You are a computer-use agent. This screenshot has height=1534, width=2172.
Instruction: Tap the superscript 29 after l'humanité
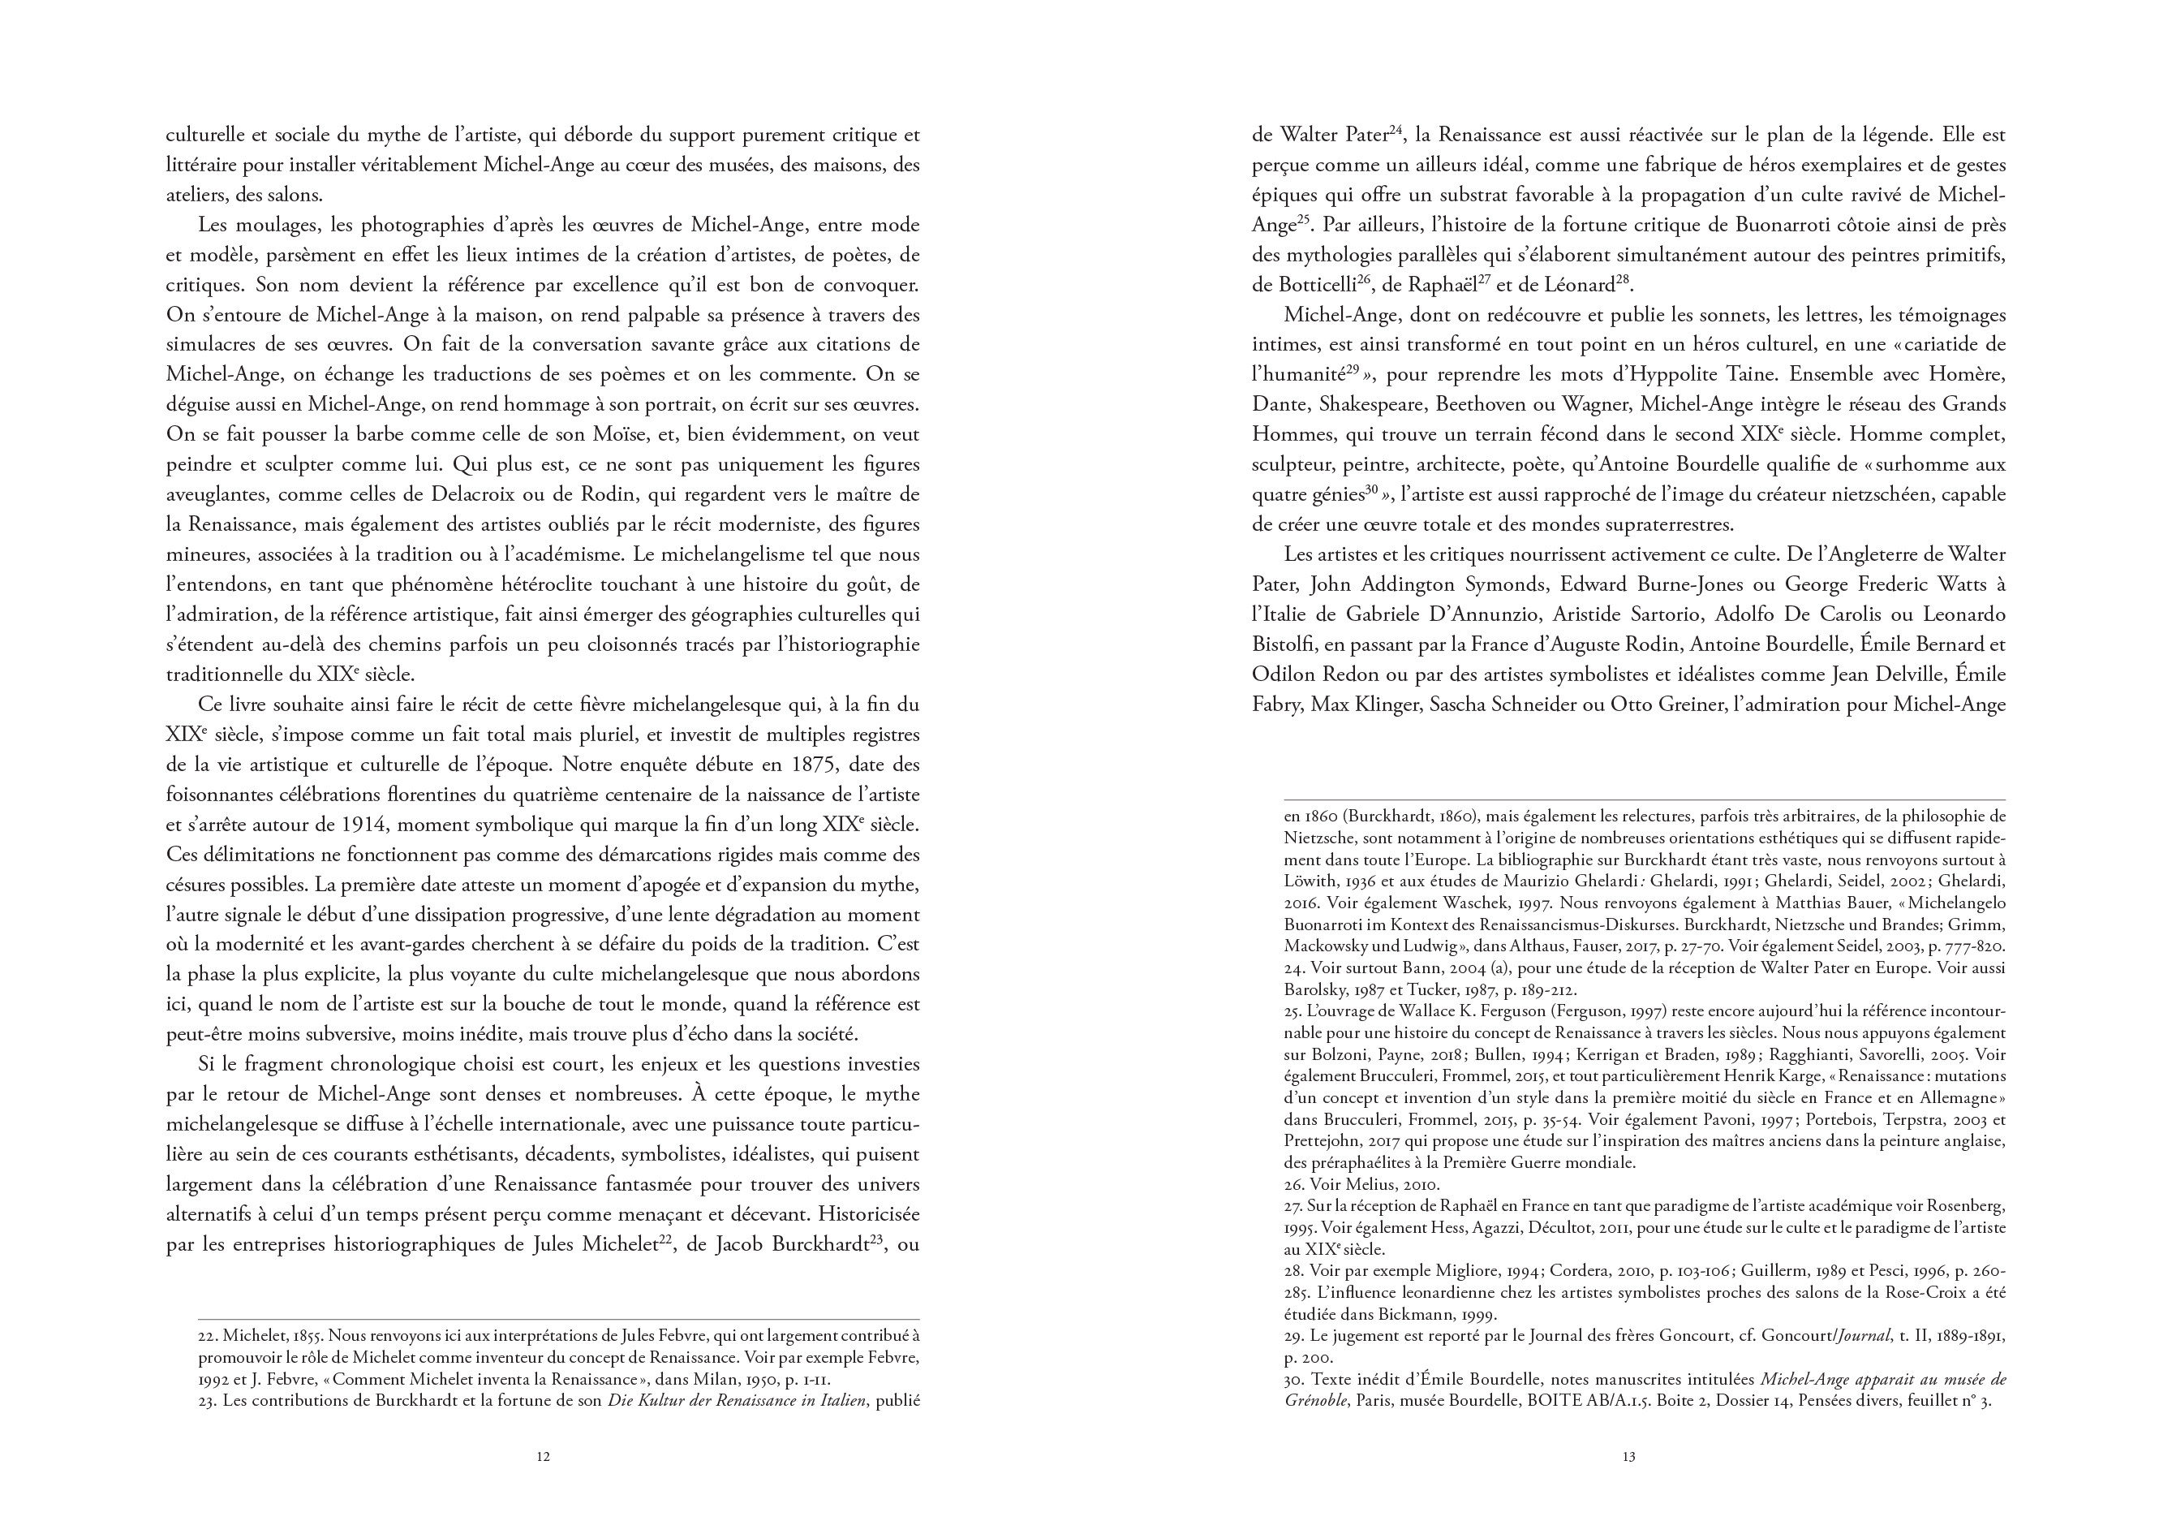(1353, 369)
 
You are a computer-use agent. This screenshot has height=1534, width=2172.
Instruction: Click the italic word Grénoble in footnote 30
(1316, 1402)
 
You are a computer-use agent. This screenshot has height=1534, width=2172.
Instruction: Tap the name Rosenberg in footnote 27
(1966, 1207)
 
